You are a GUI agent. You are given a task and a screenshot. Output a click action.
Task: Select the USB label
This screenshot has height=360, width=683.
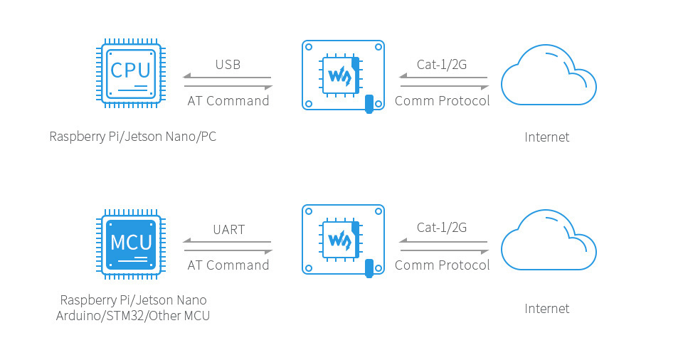(228, 65)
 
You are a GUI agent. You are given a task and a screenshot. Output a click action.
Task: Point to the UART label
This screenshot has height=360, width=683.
(228, 230)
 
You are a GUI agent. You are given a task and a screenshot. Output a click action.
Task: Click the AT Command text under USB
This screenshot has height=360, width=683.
(228, 101)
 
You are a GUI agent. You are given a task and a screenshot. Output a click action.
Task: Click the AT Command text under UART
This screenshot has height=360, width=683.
(228, 265)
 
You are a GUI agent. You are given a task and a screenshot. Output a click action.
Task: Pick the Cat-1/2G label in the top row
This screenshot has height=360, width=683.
(442, 65)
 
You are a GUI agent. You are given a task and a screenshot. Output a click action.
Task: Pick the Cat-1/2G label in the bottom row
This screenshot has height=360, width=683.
(442, 228)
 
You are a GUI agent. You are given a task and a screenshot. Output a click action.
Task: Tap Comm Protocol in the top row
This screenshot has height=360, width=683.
(442, 101)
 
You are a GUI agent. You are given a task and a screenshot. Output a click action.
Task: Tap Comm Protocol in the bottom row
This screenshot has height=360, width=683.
(442, 265)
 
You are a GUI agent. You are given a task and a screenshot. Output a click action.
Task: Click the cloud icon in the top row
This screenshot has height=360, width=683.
(549, 76)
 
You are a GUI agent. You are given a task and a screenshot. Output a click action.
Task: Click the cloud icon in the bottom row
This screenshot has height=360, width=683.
(549, 240)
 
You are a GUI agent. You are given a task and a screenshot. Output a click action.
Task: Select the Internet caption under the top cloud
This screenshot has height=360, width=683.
(547, 137)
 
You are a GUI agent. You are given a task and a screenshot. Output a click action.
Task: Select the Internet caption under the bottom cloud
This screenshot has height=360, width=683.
(547, 309)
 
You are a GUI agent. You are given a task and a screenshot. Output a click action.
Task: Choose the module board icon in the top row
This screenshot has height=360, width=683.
(343, 75)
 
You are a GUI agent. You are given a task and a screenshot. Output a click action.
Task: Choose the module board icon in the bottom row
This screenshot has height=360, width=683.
(343, 240)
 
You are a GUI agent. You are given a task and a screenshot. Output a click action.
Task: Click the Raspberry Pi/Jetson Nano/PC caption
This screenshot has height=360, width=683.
(132, 137)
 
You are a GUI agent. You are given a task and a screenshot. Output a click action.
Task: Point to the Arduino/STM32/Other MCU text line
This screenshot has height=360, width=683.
(133, 316)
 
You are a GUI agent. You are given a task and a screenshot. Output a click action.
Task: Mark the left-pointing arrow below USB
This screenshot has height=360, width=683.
(228, 77)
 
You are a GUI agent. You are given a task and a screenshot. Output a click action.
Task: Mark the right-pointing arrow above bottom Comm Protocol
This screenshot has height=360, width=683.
(444, 250)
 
